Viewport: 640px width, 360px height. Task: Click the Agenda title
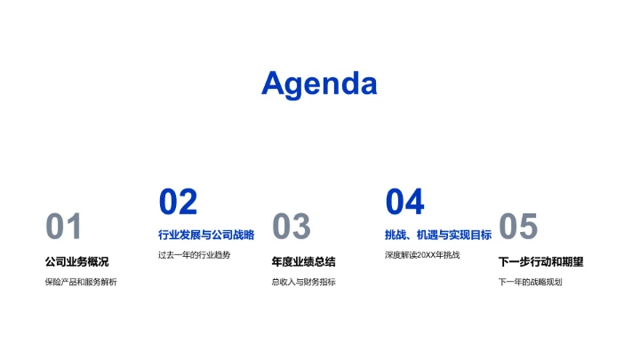319,84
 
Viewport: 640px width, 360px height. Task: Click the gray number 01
64,228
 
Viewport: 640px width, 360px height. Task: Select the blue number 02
178,203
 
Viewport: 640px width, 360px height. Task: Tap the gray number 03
291,228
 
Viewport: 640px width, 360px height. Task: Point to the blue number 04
404,203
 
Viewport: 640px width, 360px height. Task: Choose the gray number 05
518,228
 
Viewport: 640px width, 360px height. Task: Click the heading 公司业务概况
76,261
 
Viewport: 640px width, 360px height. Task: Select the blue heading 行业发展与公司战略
206,235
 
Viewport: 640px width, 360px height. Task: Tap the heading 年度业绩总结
303,261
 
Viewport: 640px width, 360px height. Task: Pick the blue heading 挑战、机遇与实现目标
438,235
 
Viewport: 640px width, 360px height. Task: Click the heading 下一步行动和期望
540,261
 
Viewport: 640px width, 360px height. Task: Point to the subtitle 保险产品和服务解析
80,283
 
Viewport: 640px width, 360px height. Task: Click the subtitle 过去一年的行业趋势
194,255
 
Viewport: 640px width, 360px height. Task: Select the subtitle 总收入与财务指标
303,283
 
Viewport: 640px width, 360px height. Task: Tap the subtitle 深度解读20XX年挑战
422,255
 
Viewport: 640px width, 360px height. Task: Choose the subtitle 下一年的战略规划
530,283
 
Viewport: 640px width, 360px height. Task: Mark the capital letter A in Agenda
276,84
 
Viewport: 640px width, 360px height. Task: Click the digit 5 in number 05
528,228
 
